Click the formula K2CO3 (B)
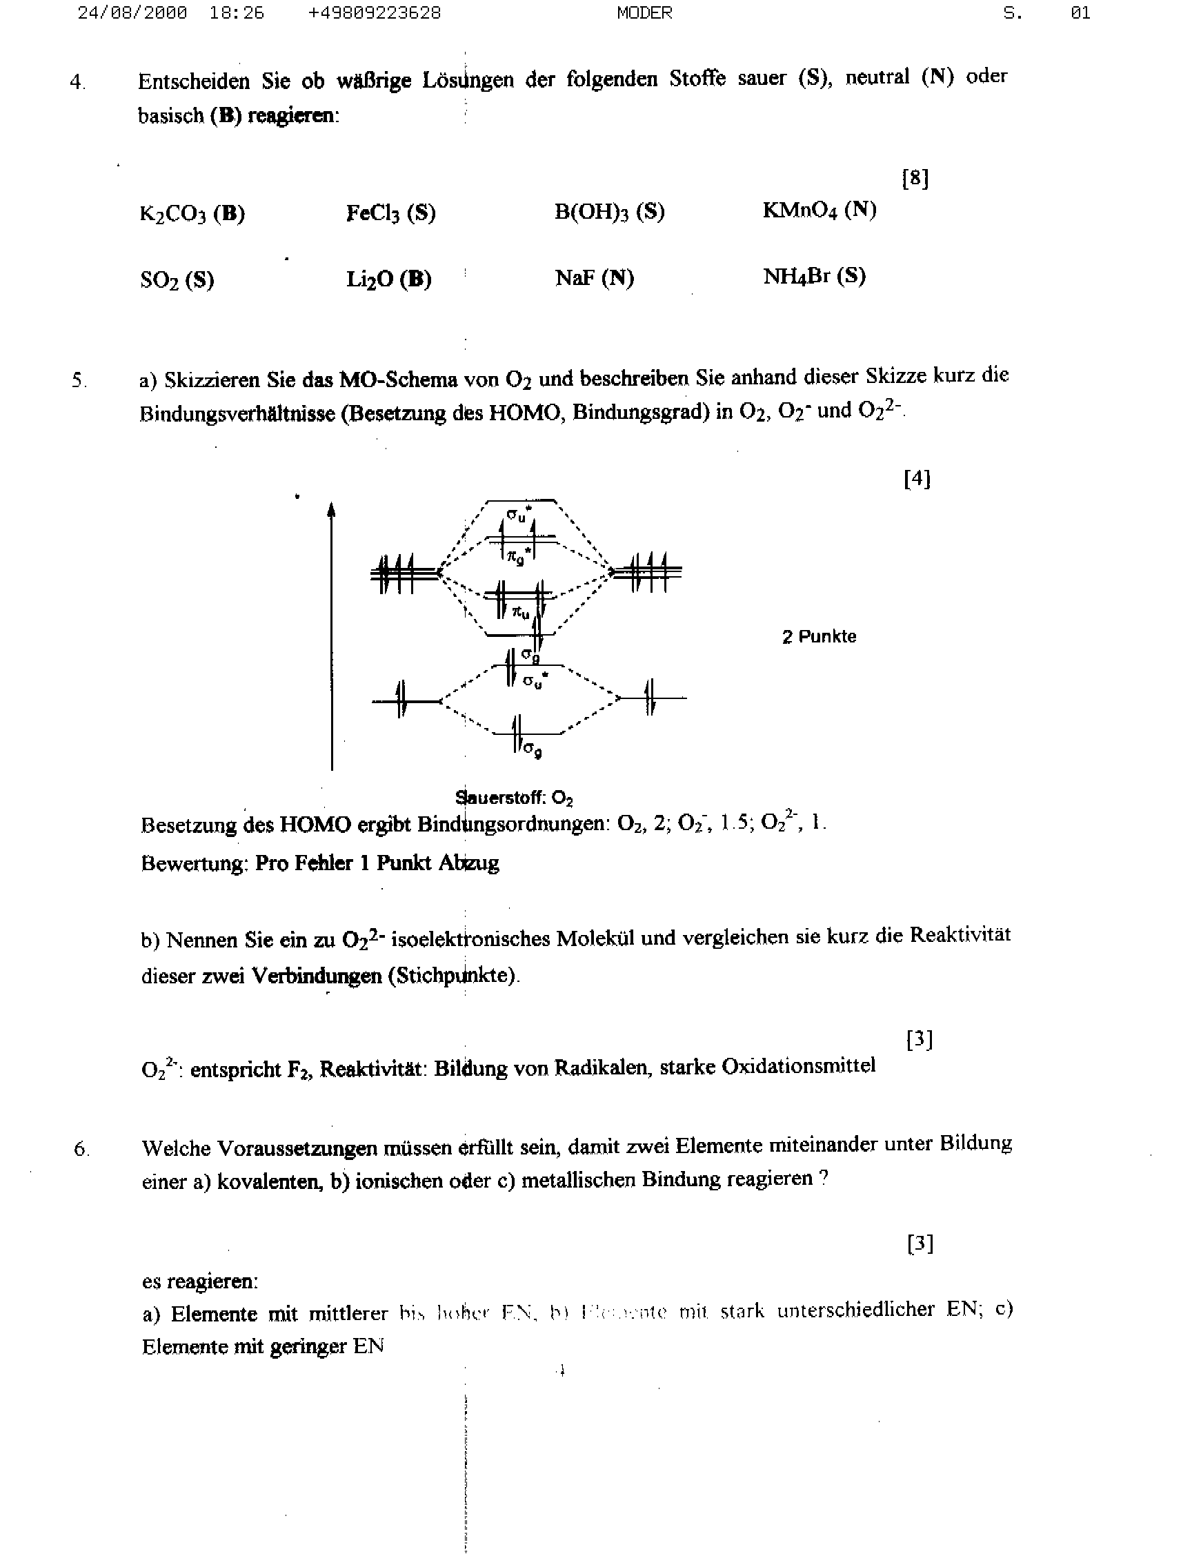click(192, 214)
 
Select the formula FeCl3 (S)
click(390, 213)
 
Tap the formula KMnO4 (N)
click(819, 210)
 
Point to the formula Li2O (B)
click(389, 279)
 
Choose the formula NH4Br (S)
click(814, 276)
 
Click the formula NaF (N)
click(594, 277)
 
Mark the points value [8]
click(915, 178)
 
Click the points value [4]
click(917, 479)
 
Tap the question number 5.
click(78, 380)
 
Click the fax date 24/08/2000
click(132, 13)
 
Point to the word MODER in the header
click(644, 13)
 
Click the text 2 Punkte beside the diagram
click(819, 636)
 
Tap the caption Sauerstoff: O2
click(515, 798)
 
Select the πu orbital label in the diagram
click(521, 611)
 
